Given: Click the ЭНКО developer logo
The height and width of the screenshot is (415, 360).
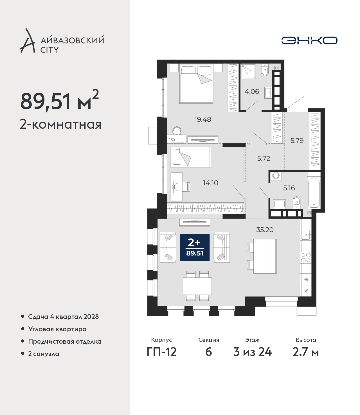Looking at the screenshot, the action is (x=309, y=40).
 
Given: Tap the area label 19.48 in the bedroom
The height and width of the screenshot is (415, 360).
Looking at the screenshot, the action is (x=202, y=120).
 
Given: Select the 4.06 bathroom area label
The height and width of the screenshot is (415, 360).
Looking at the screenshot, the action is (x=252, y=92).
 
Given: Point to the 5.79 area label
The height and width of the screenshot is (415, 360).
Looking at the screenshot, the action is (x=297, y=140).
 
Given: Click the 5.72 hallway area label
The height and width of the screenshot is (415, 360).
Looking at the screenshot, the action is (x=264, y=159).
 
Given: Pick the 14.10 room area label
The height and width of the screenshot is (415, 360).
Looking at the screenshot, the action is (x=210, y=183).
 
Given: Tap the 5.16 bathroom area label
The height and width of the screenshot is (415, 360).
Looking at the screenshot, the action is (x=289, y=188).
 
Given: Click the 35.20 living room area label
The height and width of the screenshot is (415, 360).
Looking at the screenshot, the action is (x=265, y=230).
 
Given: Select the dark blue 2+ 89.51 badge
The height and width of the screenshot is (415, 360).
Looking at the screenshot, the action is (x=195, y=248).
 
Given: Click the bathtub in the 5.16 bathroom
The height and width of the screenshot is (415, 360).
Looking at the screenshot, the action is (x=314, y=192).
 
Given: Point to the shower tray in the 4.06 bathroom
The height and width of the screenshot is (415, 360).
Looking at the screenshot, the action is (x=248, y=71).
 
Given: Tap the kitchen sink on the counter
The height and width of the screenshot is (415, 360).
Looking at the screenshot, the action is (x=306, y=235).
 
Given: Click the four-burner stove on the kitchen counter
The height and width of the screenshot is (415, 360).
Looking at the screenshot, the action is (x=306, y=258).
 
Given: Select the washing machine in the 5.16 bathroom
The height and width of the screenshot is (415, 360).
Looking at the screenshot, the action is (x=276, y=176).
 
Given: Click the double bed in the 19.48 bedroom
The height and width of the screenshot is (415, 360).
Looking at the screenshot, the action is (x=196, y=83).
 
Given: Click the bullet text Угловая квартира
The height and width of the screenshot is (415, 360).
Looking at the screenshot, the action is (x=57, y=329).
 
